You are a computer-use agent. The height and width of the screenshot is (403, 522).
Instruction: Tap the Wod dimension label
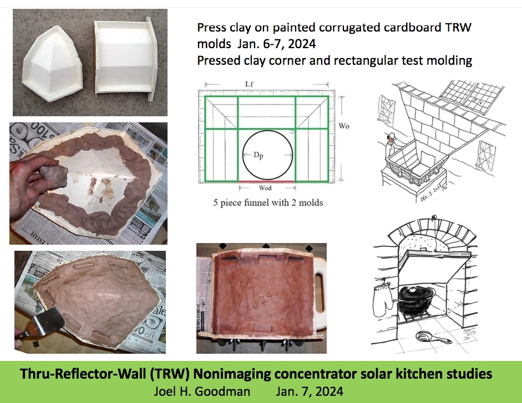(266, 189)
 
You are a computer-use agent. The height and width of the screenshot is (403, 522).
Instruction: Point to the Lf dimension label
(251, 84)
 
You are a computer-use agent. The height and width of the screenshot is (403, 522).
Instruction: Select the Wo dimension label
(344, 126)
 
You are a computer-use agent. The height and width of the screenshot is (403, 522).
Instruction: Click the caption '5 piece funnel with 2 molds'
(268, 203)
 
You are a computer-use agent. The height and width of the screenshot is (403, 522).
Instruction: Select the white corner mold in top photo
(54, 64)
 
